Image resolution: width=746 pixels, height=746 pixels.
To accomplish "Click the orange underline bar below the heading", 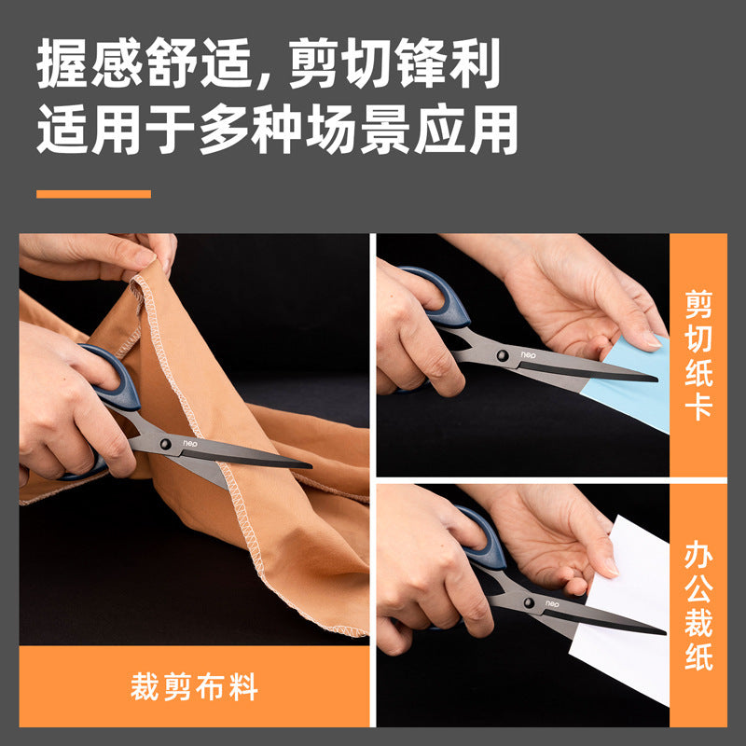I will coord(93,194).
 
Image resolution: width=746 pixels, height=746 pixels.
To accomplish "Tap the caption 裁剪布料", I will coord(194,687).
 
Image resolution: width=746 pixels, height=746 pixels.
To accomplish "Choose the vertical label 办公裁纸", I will coord(698,605).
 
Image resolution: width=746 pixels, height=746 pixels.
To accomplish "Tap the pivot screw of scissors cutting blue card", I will coord(503,355).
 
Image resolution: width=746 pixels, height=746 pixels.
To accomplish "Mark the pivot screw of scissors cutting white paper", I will coord(530,604).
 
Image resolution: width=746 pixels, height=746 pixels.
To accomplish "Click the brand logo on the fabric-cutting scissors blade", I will coord(192,444).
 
